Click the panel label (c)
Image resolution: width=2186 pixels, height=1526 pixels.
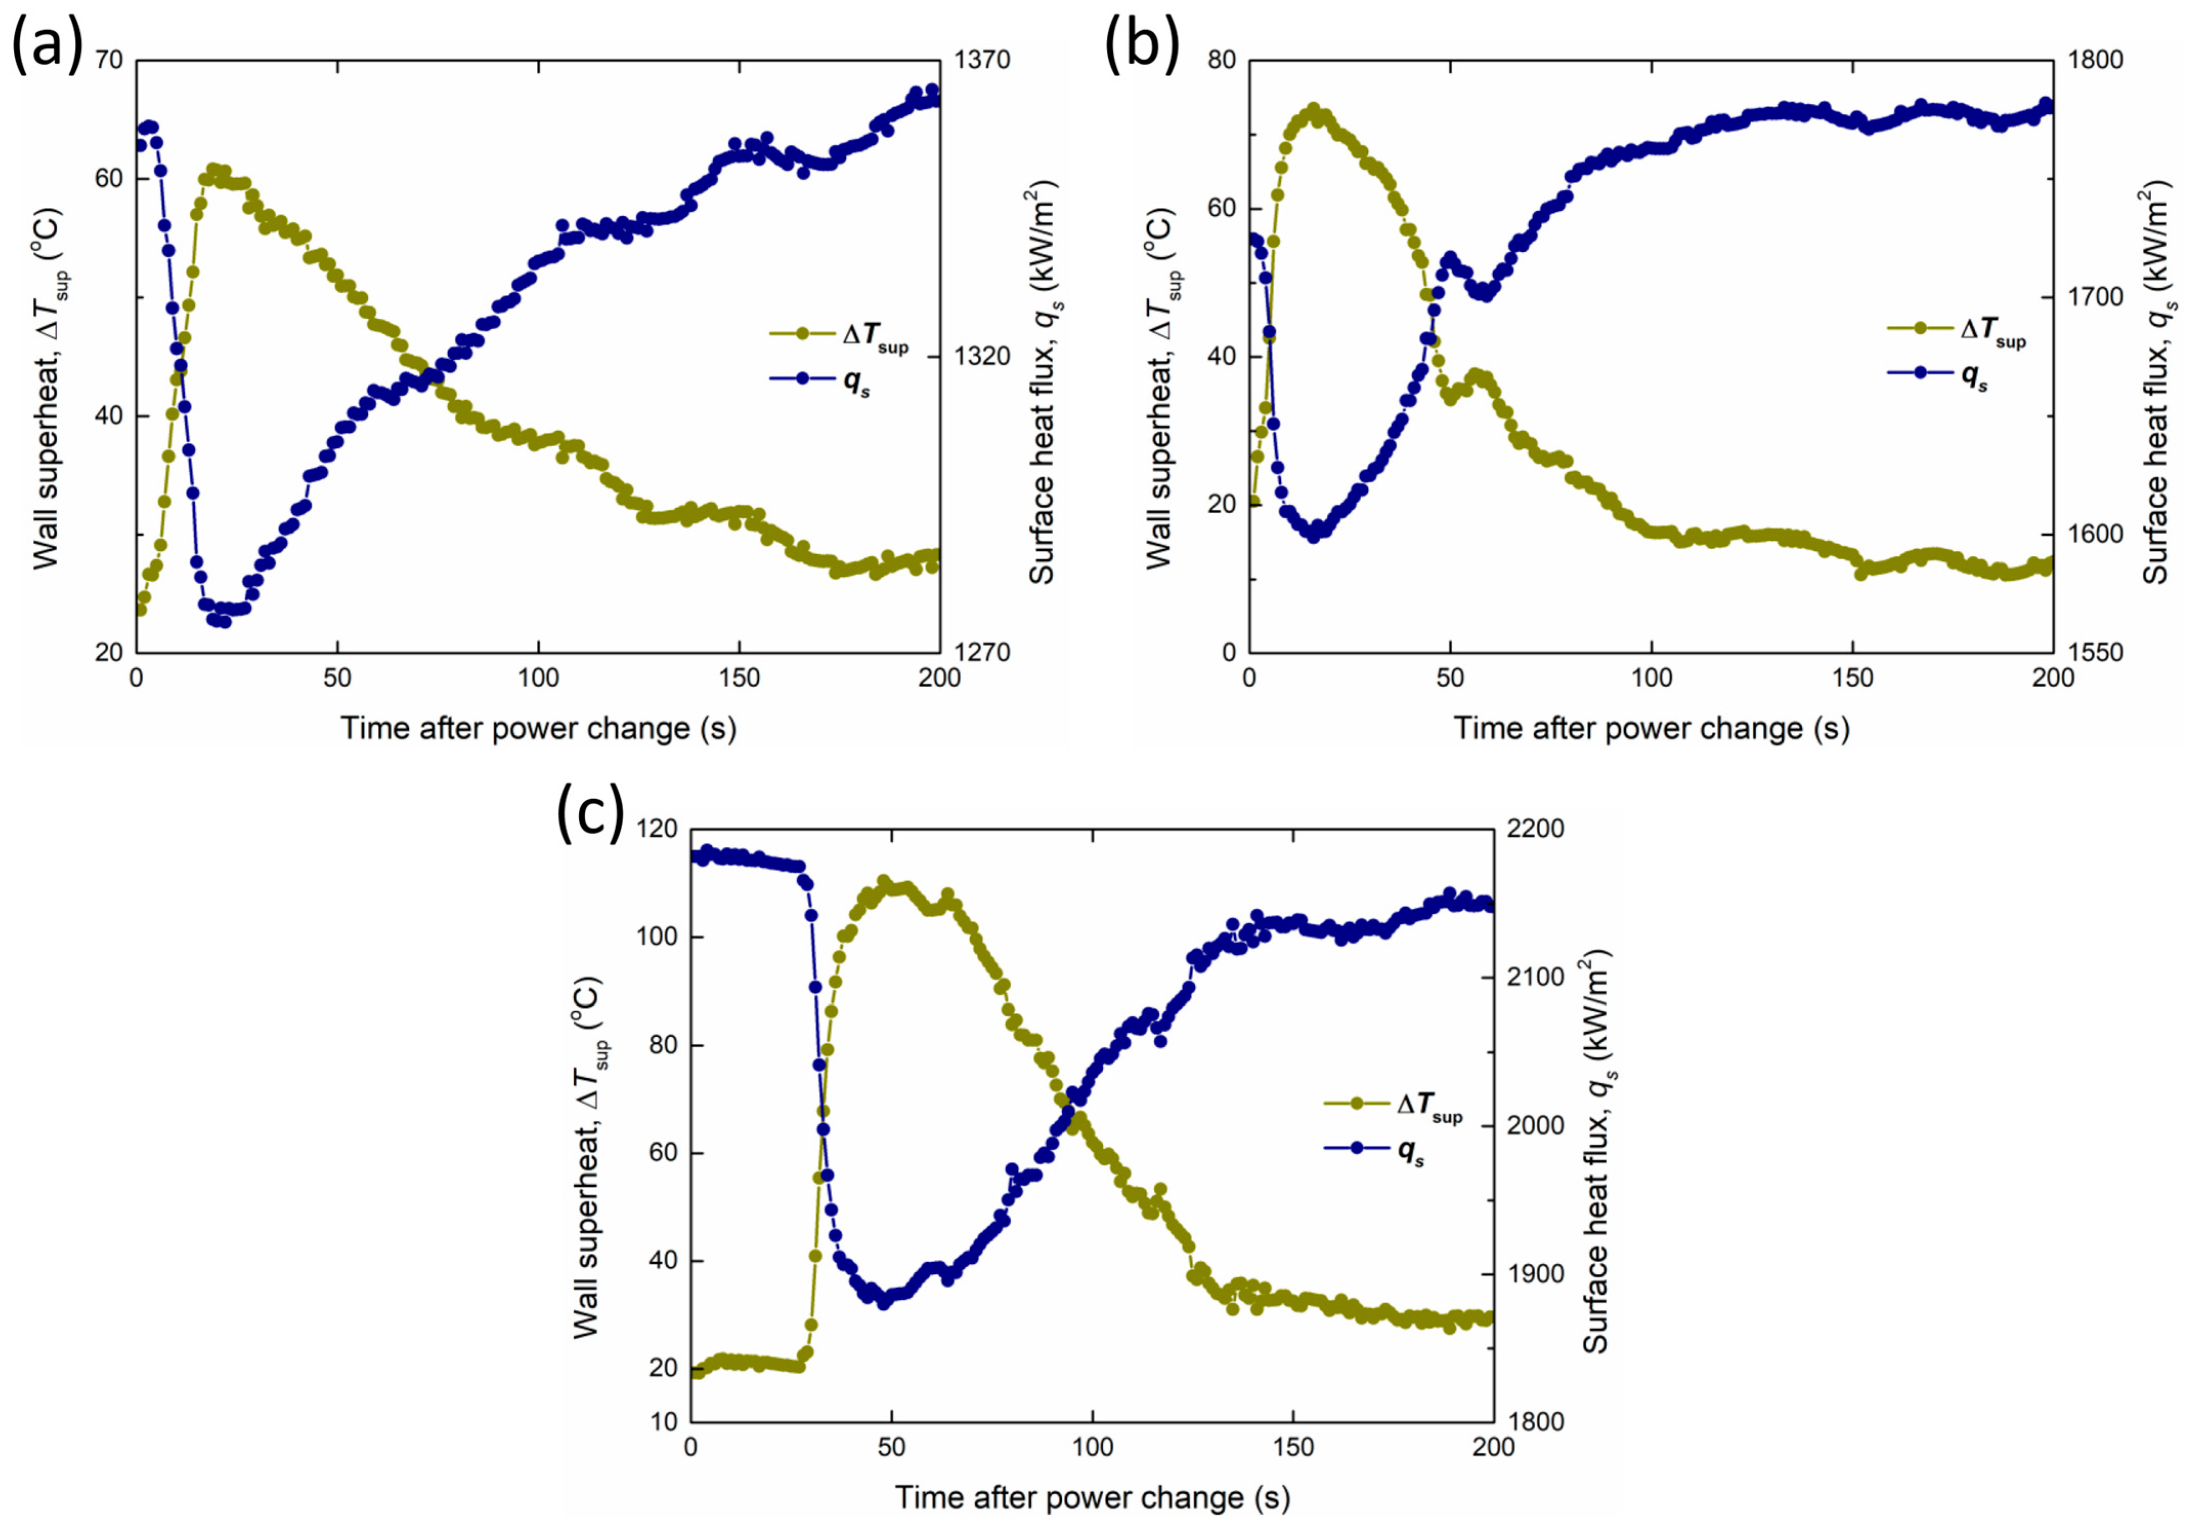coord(591,815)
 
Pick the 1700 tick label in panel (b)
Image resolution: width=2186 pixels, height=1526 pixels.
coord(2094,297)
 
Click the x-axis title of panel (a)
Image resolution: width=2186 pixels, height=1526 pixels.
coord(539,728)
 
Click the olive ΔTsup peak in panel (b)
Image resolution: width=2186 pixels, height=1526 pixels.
coord(1314,110)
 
